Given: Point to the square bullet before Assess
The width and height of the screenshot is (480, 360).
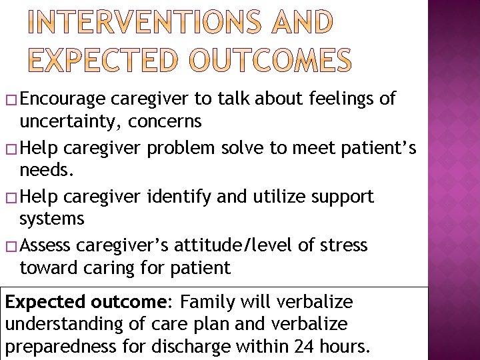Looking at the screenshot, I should click(10, 247).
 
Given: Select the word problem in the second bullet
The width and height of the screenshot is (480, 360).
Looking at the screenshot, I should click(179, 148).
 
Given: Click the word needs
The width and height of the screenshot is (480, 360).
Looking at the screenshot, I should click(45, 171).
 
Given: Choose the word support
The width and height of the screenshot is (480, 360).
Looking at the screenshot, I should click(341, 197).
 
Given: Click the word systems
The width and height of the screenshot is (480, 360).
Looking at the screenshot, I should click(52, 219).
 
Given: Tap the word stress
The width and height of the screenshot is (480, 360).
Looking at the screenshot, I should click(343, 245).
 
